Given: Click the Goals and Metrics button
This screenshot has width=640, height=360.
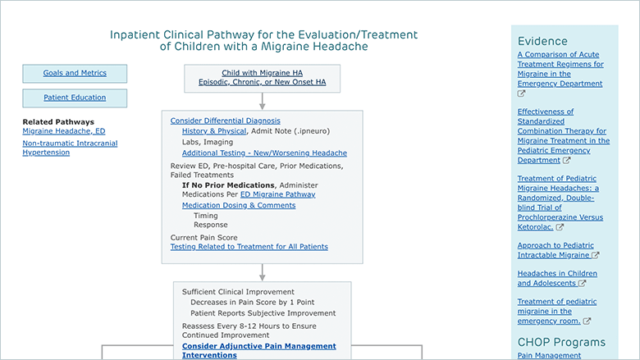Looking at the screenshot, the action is [75, 73].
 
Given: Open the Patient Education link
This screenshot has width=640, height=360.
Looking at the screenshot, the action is [75, 98].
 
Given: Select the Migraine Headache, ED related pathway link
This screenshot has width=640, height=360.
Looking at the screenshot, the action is [64, 131].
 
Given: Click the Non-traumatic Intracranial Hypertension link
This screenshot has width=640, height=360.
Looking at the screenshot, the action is [70, 148].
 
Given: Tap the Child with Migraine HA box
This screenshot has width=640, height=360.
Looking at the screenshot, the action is [262, 78].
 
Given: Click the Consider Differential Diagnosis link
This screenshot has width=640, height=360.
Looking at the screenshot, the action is [226, 121].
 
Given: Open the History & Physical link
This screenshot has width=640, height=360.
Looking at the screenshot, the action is [214, 131].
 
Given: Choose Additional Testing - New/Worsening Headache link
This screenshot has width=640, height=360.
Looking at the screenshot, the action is [264, 153].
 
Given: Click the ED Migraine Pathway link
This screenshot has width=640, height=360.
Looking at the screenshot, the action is [277, 194].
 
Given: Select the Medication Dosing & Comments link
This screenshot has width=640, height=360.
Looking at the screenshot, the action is [239, 206].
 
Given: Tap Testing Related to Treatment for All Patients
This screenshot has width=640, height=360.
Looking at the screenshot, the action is [249, 247].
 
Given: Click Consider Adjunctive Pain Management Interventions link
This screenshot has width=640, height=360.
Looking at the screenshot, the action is [258, 351].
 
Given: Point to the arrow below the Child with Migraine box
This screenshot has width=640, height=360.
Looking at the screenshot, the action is [262, 101].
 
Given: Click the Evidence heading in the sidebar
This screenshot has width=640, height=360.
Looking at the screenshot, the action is [542, 41].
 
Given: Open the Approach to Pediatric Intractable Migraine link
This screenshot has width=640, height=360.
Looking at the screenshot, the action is [558, 250].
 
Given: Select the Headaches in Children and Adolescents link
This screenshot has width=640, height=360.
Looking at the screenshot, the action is [557, 279].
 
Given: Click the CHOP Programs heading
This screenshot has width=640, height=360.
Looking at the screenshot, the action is [561, 342].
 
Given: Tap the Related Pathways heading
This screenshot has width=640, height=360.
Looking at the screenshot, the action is [58, 122].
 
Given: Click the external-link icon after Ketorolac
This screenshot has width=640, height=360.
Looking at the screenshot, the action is [560, 227].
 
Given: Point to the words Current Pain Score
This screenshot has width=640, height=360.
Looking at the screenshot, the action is [203, 238].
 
